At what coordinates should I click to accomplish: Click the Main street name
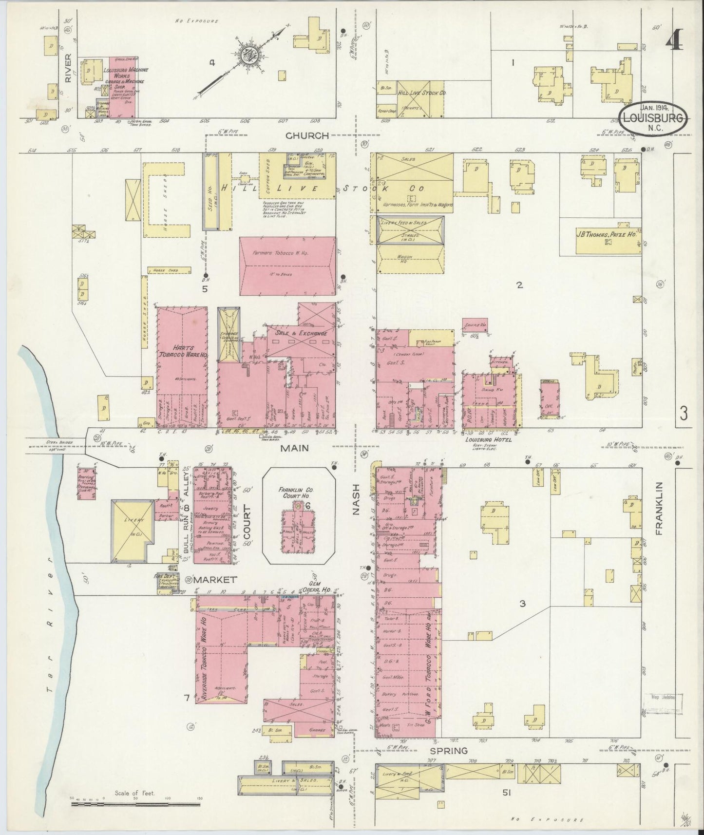294,447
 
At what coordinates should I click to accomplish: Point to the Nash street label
356,500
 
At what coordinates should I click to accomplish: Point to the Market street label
215,580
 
